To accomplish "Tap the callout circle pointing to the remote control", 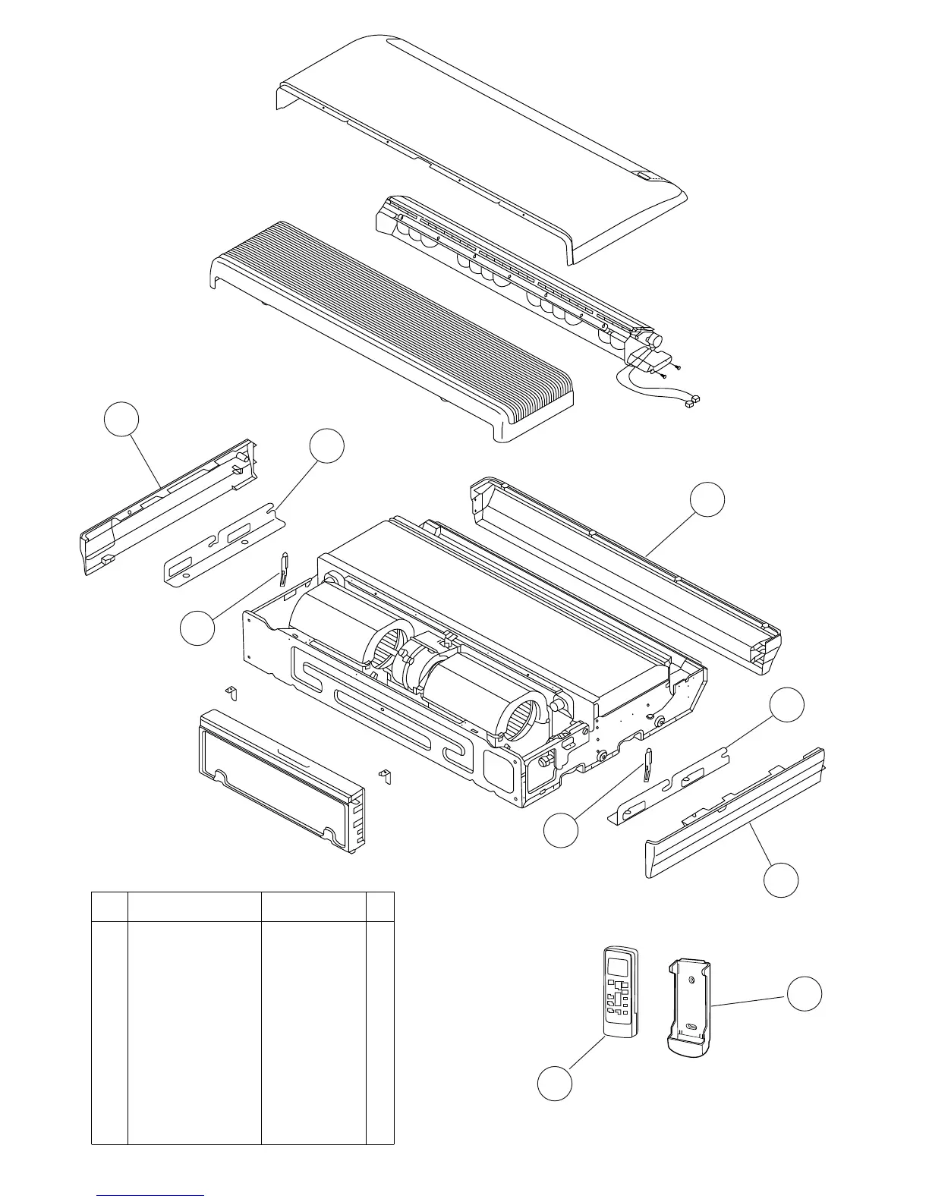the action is click(555, 1083).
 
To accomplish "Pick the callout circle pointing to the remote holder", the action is click(804, 994).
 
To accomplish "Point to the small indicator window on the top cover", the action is click(644, 177).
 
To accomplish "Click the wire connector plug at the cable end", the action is click(692, 400).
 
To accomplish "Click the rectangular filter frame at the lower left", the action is click(277, 781).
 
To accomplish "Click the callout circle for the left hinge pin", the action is click(197, 629).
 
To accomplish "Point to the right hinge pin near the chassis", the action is click(647, 766).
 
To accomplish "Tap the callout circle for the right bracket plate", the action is click(787, 705).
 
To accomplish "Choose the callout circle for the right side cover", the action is click(781, 879).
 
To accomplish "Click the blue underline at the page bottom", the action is click(150, 1196).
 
